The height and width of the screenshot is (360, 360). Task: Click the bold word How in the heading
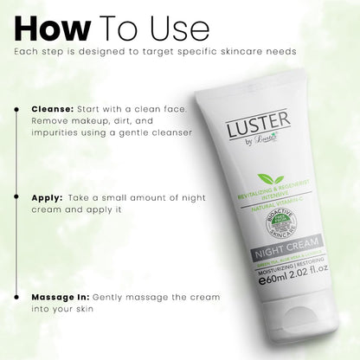[x=53, y=27]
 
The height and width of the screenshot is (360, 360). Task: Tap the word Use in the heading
[x=177, y=27]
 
